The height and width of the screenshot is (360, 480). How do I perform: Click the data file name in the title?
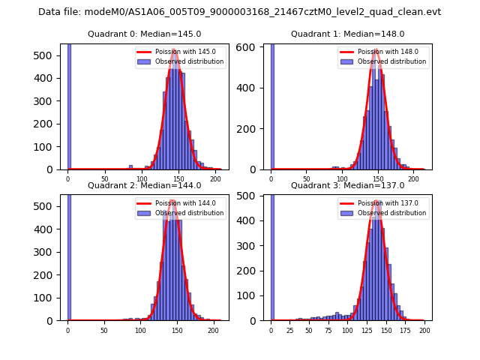pyautogui.click(x=239, y=12)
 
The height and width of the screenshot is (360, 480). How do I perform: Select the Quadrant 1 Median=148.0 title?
pyautogui.click(x=347, y=34)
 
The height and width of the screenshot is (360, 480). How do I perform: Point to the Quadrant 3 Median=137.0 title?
pyautogui.click(x=347, y=185)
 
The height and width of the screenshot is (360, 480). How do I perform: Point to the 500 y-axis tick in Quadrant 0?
pyautogui.click(x=52, y=55)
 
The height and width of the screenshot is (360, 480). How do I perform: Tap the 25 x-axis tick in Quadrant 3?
pyautogui.click(x=290, y=329)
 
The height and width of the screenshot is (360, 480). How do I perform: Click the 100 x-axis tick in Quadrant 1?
pyautogui.click(x=342, y=178)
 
